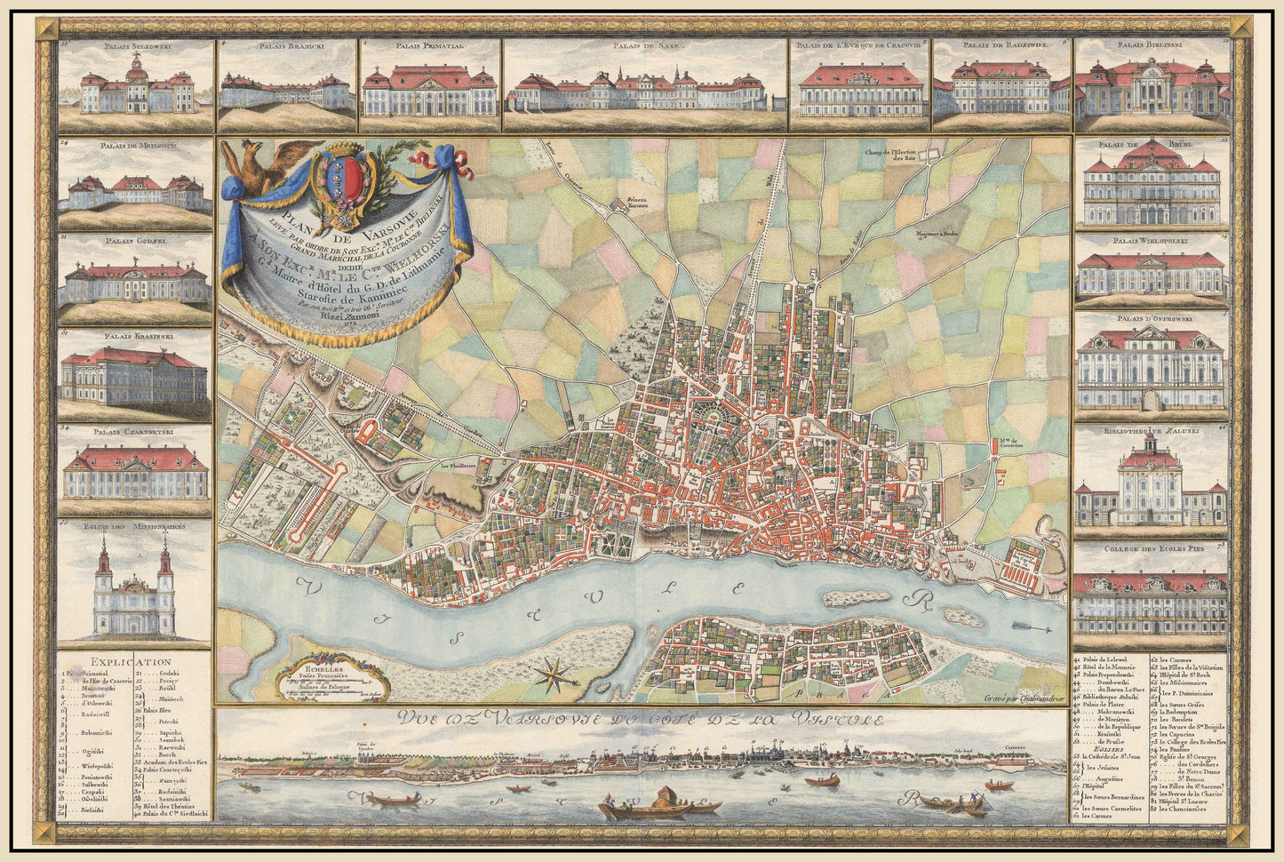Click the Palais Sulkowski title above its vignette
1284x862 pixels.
pos(136,44)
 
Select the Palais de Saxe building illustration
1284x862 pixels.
pos(646,90)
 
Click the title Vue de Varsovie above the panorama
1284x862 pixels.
pos(639,720)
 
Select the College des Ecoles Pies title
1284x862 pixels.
pos(1152,550)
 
